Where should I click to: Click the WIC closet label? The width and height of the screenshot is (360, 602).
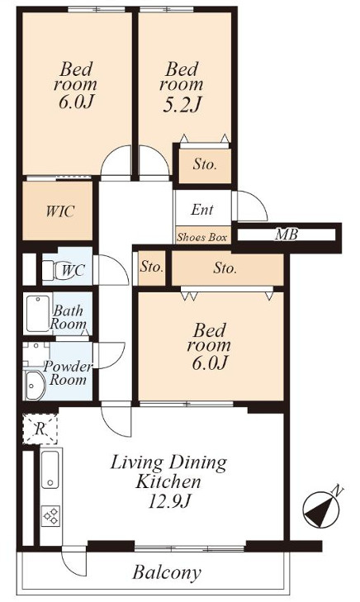click(x=59, y=211)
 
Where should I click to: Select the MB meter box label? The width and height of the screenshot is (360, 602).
click(x=287, y=235)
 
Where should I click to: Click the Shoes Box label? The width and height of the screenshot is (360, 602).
click(x=201, y=237)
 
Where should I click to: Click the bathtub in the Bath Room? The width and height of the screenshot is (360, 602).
click(x=37, y=313)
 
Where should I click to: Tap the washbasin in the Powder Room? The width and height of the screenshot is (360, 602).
click(x=36, y=385)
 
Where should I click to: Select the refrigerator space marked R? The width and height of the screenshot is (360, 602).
click(x=40, y=429)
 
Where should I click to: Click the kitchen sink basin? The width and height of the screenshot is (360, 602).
click(x=50, y=469)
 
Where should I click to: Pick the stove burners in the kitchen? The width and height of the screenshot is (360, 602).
click(x=50, y=515)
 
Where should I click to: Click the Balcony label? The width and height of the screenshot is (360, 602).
click(x=167, y=573)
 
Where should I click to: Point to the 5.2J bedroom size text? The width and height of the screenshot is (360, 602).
click(x=182, y=104)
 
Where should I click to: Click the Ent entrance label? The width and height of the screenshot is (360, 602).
click(x=202, y=210)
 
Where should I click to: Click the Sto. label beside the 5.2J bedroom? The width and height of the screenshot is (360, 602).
click(x=205, y=164)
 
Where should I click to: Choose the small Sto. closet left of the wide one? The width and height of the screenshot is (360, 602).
click(x=152, y=268)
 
